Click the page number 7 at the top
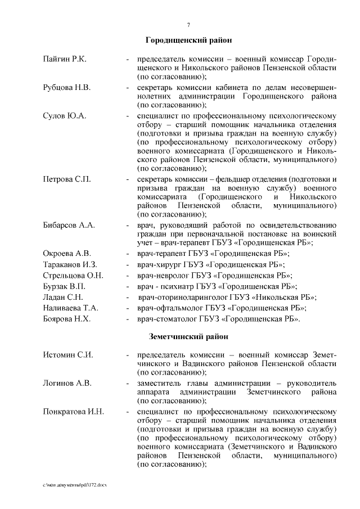click(x=188, y=24)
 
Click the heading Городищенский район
click(x=188, y=41)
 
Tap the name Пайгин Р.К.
click(x=64, y=58)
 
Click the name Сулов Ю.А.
click(x=64, y=116)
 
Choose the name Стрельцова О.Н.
click(x=73, y=275)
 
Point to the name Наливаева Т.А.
click(x=71, y=308)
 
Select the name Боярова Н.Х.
click(x=67, y=319)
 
